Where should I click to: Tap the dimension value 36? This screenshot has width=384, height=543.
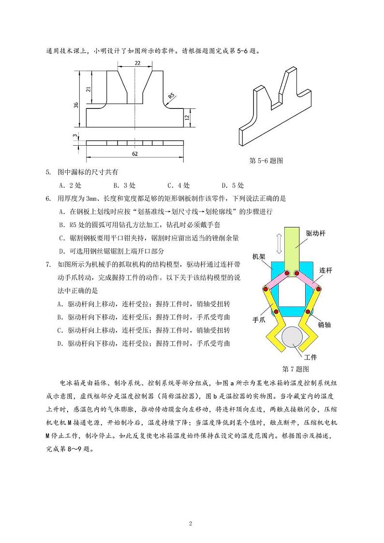pos(76,105)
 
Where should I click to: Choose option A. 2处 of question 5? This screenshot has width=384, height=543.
pos(70,185)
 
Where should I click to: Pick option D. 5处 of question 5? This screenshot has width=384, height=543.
pos(233,185)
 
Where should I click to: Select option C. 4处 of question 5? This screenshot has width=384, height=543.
pos(178,185)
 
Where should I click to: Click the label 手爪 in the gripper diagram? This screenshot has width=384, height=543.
pos(259,320)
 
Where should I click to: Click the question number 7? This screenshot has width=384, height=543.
pos(48,264)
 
